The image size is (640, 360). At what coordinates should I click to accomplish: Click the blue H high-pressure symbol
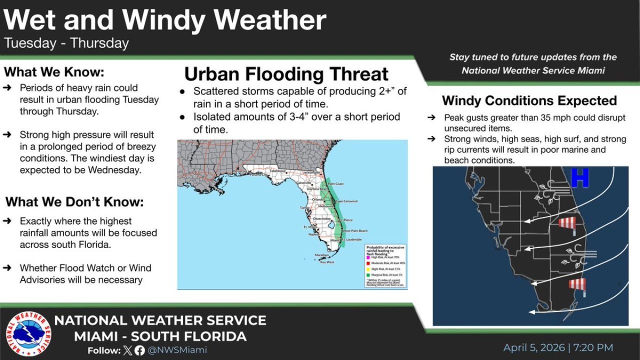tap(580, 178)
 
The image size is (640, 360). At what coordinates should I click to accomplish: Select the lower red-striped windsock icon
tap(577, 285)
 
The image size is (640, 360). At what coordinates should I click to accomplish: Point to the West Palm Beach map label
tap(355, 230)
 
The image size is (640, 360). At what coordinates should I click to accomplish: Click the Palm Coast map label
tap(335, 184)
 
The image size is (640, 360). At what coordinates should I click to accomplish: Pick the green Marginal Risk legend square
tap(368, 274)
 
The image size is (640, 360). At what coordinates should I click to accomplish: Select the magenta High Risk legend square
tap(368, 256)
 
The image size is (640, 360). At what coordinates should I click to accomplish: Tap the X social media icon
tap(128, 350)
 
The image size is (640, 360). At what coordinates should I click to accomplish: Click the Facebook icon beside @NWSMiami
tap(139, 350)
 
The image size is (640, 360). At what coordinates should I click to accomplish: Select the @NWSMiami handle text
tap(177, 350)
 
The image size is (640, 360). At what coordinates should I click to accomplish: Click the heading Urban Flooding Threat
tap(286, 74)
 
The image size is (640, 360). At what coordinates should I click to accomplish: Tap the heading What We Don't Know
tap(74, 202)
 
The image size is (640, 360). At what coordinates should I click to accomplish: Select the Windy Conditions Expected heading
tap(529, 100)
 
